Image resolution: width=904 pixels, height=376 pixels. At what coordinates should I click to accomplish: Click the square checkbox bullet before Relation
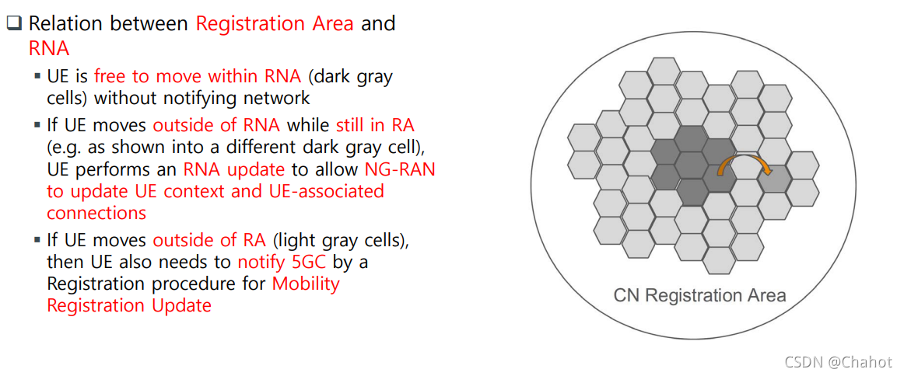click(x=15, y=23)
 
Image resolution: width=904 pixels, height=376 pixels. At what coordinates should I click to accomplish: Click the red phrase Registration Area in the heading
click(x=274, y=23)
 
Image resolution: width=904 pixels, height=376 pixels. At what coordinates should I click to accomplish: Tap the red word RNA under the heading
click(x=49, y=48)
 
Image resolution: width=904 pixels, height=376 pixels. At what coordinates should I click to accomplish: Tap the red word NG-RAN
click(x=399, y=169)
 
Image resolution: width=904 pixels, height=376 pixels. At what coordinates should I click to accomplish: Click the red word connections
click(x=96, y=213)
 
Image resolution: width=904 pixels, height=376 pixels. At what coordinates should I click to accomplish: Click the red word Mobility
click(x=306, y=284)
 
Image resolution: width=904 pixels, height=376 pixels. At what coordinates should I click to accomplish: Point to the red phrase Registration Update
click(x=129, y=305)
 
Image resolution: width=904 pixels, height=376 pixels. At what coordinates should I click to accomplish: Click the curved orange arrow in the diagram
click(x=741, y=165)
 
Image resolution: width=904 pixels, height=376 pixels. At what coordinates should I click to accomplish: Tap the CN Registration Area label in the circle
click(x=699, y=295)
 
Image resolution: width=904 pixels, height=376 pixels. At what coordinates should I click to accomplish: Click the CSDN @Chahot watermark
click(x=838, y=362)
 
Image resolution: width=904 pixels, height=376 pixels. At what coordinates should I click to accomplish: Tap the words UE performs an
click(x=112, y=169)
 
